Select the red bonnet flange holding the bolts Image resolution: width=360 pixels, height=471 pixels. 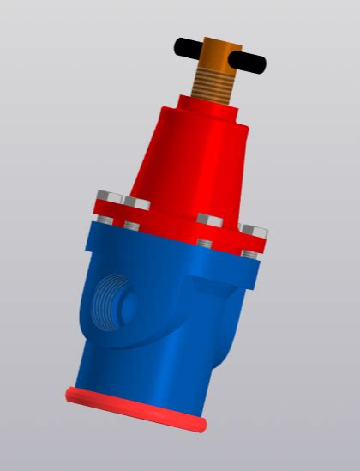point(171,219)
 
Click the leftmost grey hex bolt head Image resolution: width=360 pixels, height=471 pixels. point(106,196)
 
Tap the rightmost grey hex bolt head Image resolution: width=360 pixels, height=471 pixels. point(255,232)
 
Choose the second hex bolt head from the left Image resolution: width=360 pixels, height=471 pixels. point(136,203)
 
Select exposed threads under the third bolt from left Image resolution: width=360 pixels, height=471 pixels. point(205,243)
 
